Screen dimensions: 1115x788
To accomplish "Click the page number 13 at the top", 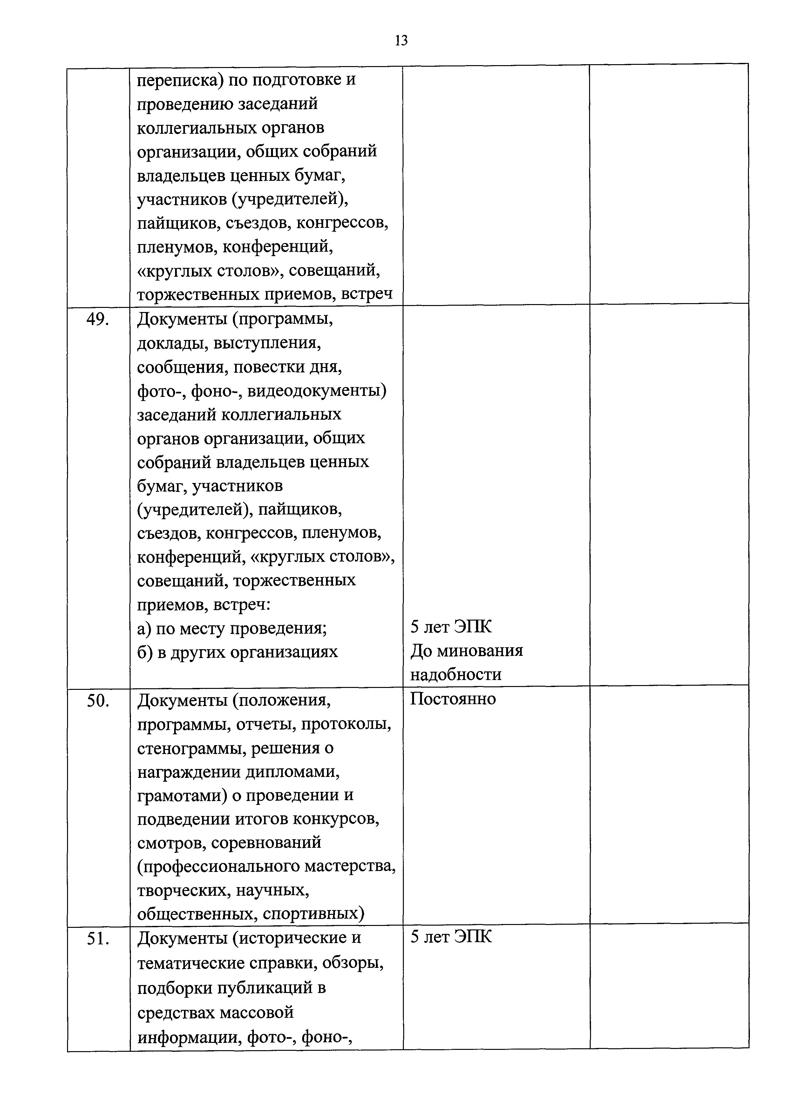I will [x=401, y=41].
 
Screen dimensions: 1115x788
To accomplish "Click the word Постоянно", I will [x=452, y=699].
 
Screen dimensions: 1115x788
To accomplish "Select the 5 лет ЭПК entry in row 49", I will [x=451, y=627].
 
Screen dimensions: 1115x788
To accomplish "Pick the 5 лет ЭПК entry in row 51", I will [x=451, y=937].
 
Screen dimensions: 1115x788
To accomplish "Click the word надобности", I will [x=455, y=675].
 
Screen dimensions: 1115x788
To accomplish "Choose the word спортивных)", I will [x=313, y=914].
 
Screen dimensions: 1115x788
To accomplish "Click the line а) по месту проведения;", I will [x=232, y=629].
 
